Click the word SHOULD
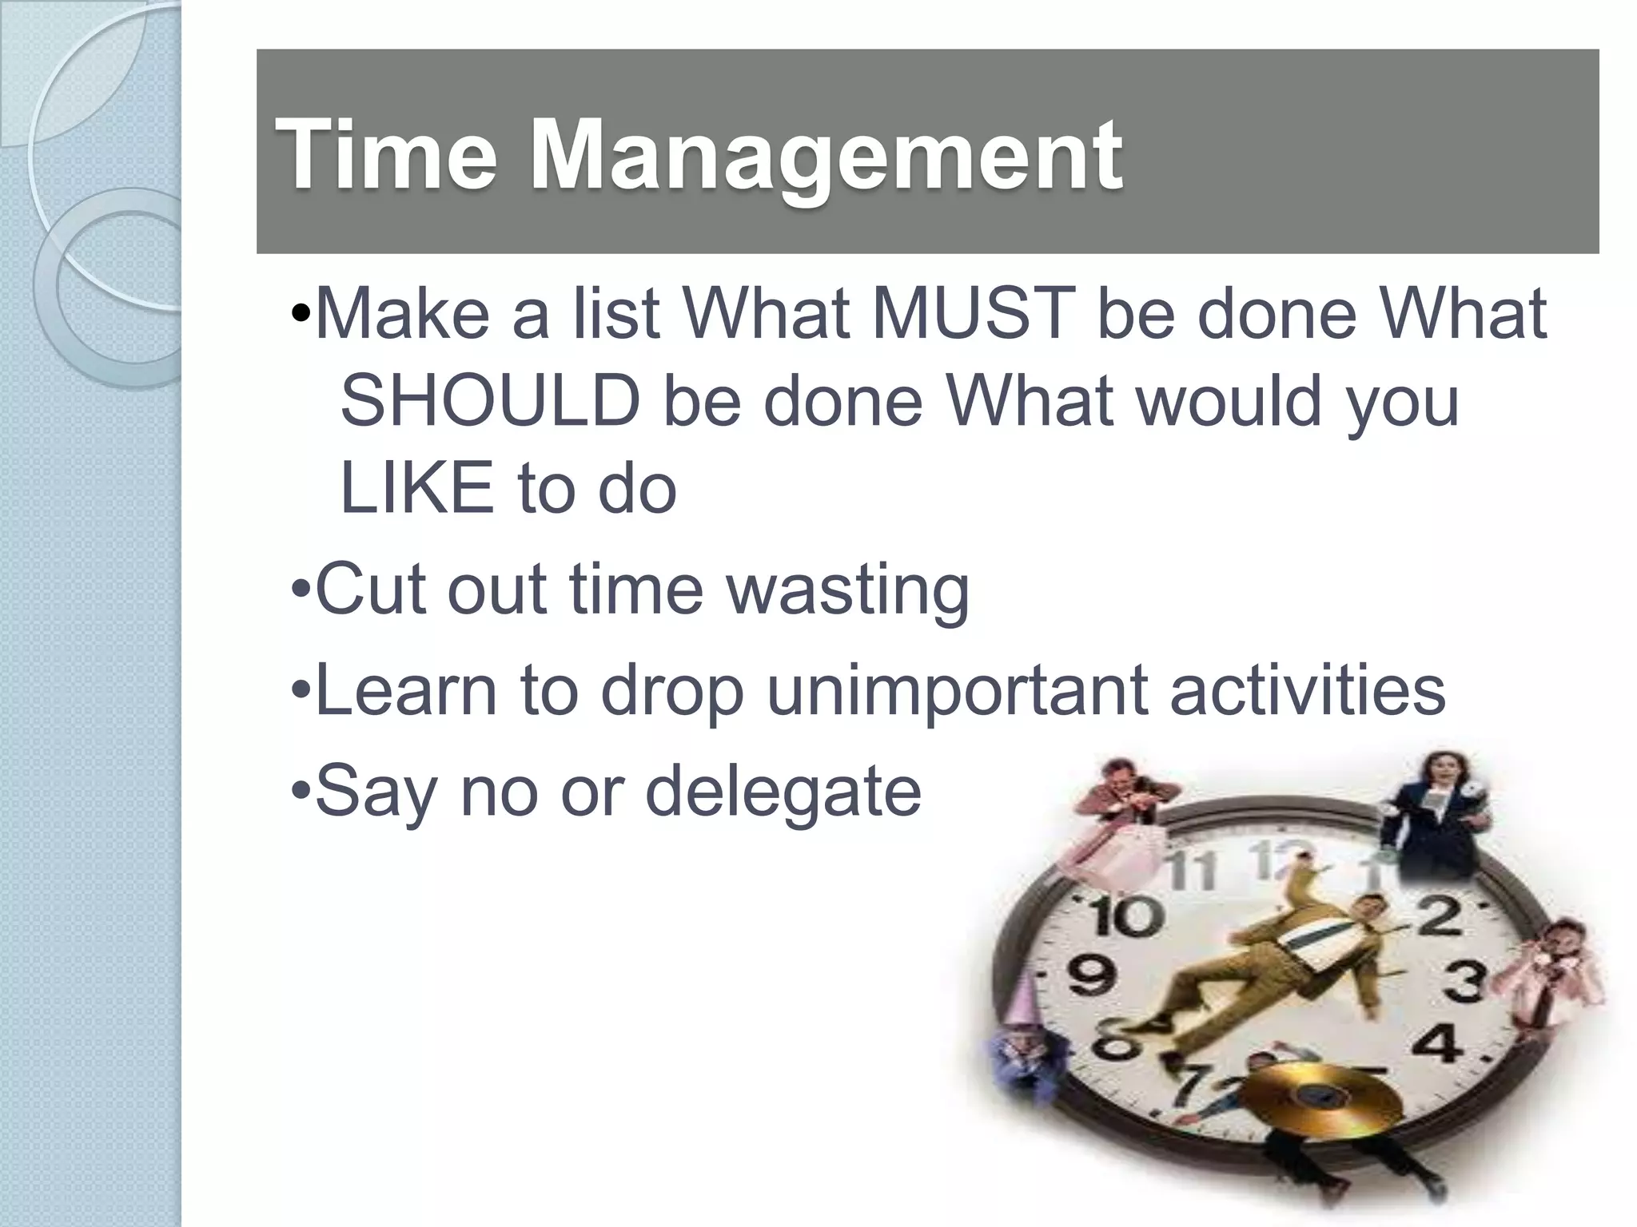[490, 401]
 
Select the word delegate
[783, 792]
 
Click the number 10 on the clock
[1125, 916]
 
